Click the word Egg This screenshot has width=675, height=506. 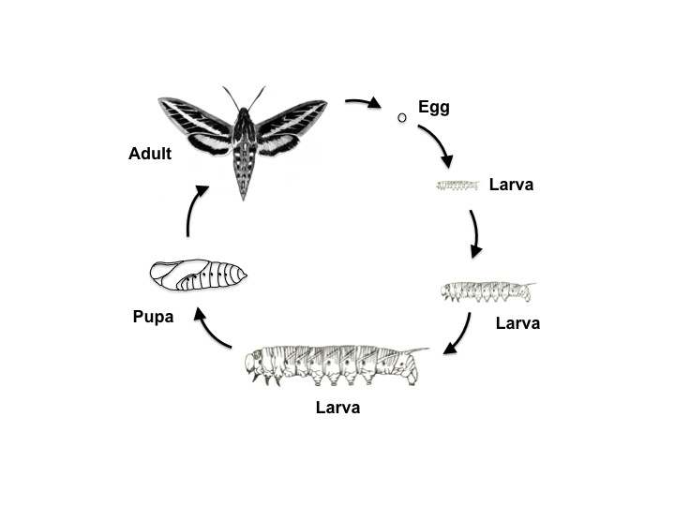tap(434, 107)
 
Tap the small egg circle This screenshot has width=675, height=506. tap(401, 117)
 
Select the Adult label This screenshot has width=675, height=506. tap(150, 154)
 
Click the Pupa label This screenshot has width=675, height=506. tap(153, 317)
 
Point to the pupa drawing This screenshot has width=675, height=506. tap(199, 275)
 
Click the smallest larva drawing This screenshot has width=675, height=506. tap(457, 186)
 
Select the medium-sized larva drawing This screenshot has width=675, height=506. tap(487, 291)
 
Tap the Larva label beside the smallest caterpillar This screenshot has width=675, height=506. tap(512, 185)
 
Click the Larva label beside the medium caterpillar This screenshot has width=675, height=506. tap(517, 323)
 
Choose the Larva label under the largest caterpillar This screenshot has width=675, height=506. tap(337, 408)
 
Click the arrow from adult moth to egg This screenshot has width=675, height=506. tap(364, 101)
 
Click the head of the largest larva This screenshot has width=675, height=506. tap(252, 364)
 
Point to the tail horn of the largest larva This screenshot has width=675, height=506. tap(416, 350)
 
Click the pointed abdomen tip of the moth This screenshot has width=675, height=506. tap(243, 196)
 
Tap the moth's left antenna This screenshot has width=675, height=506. tap(232, 99)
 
